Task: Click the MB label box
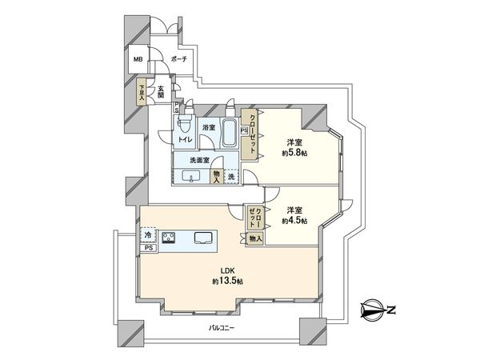click(x=138, y=58)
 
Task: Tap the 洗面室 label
click(x=199, y=160)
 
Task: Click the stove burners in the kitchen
click(x=170, y=236)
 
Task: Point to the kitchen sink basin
click(x=202, y=237)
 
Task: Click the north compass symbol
click(x=375, y=308)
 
